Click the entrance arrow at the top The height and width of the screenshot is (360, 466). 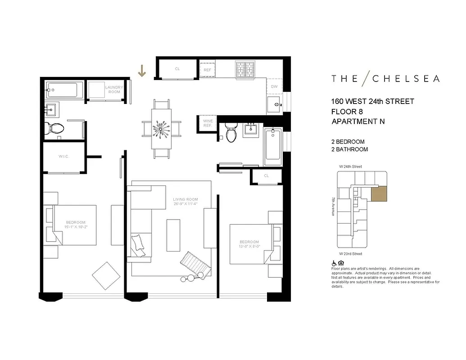coord(142,71)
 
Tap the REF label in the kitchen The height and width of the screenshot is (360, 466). coord(208,70)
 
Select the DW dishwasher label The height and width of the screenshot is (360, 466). coord(274,87)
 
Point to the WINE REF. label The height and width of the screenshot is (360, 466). coord(207,123)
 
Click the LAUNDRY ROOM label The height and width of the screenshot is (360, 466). coord(113,90)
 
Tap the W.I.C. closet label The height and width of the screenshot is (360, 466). coord(63,157)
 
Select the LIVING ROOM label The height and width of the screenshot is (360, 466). coord(185,199)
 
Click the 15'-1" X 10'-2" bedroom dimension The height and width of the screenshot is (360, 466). coord(76,227)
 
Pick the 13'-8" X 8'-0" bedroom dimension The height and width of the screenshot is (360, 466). coord(249,246)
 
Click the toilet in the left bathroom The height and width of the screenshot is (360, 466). coord(56,128)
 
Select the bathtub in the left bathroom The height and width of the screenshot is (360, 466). coord(65,90)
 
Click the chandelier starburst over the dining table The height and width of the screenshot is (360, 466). coord(162,130)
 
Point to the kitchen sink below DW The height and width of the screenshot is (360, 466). coord(274,104)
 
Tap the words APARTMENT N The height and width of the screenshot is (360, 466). coord(358,121)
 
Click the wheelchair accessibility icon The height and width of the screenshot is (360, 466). coord(334,263)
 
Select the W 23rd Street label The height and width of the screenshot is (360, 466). coord(351,254)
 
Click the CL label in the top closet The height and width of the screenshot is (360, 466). coord(177,69)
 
